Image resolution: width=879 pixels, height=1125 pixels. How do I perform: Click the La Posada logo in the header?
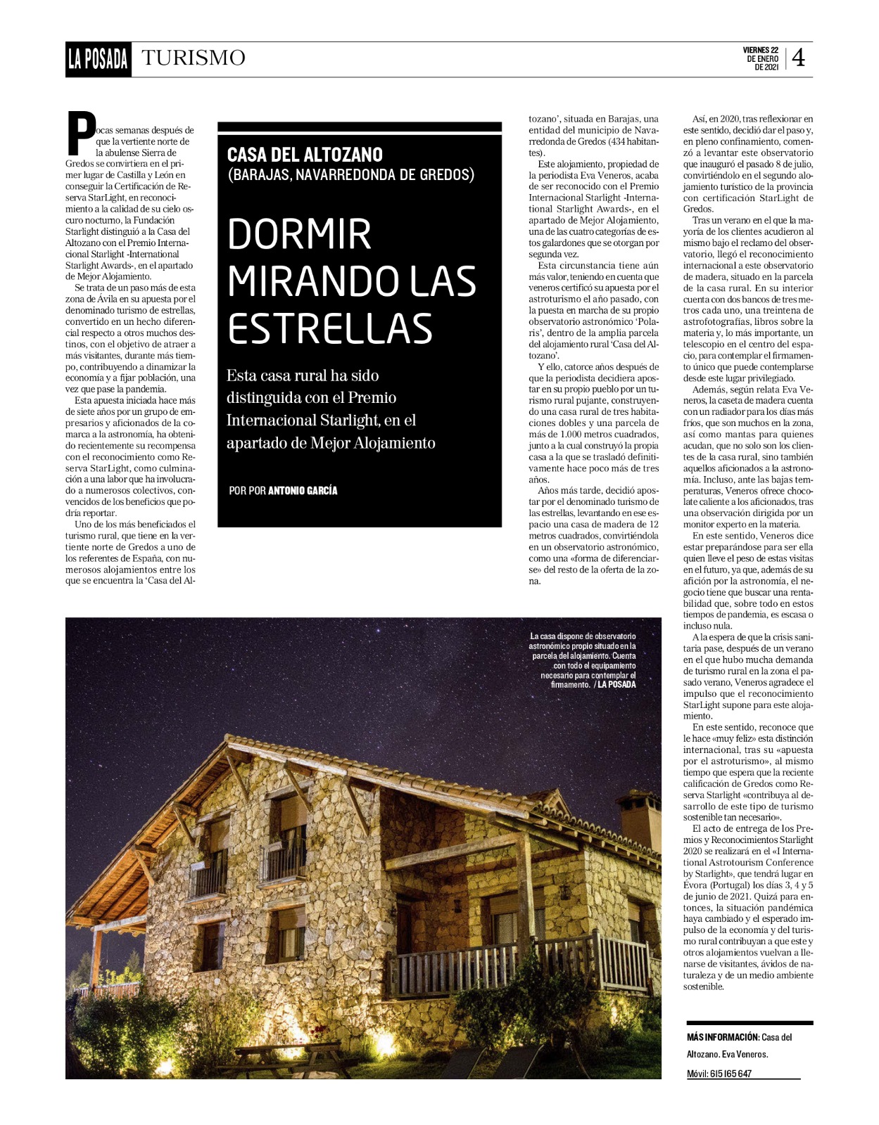(98, 59)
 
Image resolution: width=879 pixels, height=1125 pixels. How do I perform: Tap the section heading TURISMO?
(194, 58)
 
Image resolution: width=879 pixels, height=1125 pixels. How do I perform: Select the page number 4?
(798, 58)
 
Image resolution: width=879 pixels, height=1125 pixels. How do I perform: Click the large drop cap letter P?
(81, 133)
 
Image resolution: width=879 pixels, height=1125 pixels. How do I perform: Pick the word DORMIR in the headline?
(299, 235)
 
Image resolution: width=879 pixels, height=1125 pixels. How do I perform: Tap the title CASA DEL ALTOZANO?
(305, 155)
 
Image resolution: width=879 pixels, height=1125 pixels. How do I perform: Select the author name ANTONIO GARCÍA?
(303, 491)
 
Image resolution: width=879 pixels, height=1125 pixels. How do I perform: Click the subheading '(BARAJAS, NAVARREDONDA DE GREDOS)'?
(350, 174)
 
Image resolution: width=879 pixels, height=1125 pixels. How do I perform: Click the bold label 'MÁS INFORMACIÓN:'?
(723, 1037)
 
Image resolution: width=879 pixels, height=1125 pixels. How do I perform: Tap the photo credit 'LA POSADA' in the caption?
(616, 684)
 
